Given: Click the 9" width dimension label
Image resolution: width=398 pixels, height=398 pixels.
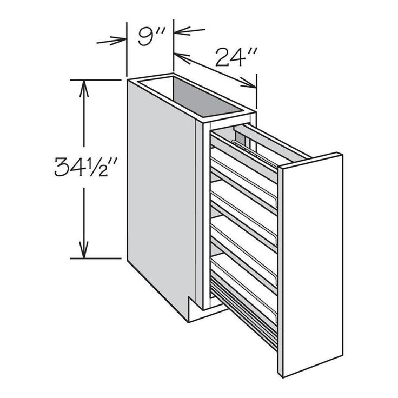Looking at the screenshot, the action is (x=151, y=37).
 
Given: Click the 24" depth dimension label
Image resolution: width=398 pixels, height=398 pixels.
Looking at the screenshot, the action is (x=236, y=57).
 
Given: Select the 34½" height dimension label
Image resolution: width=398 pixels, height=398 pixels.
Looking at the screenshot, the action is (x=87, y=167).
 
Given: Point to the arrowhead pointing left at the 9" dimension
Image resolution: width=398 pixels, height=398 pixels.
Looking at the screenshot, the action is (x=182, y=31).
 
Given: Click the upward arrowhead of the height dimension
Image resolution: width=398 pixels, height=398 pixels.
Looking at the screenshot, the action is (x=84, y=89).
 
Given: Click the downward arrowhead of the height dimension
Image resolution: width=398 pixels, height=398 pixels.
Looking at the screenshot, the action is (x=84, y=250).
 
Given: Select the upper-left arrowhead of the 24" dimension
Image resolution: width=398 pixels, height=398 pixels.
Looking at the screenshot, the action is (x=182, y=58).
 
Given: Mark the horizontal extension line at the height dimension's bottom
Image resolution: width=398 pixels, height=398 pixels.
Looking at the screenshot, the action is (x=96, y=258).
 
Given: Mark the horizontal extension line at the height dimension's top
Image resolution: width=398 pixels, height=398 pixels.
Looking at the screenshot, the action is (x=96, y=80).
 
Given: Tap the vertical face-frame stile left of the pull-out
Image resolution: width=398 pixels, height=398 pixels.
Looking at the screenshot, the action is (x=206, y=216).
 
